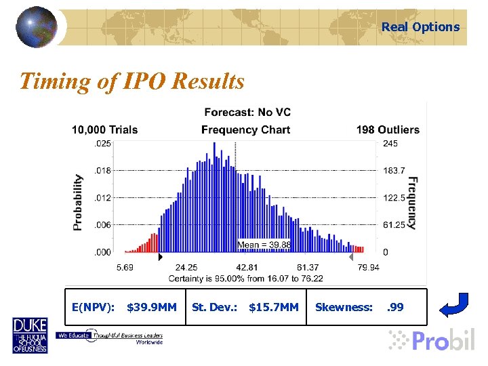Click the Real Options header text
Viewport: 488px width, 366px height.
click(420, 27)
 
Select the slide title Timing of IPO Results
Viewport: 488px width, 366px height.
click(131, 81)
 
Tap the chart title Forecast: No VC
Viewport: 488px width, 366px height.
click(247, 113)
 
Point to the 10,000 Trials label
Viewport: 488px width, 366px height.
click(105, 129)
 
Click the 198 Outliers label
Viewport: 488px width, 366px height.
click(388, 129)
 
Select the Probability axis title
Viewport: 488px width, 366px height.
click(78, 202)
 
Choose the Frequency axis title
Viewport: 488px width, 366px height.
click(412, 203)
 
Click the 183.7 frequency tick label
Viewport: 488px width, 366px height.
click(394, 171)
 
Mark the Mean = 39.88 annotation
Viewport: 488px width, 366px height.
click(264, 245)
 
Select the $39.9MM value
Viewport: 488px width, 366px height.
click(152, 307)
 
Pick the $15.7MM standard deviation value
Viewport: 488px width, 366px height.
click(274, 307)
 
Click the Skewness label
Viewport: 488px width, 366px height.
click(344, 307)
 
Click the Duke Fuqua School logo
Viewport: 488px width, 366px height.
click(30, 335)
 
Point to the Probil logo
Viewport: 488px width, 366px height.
click(432, 340)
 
